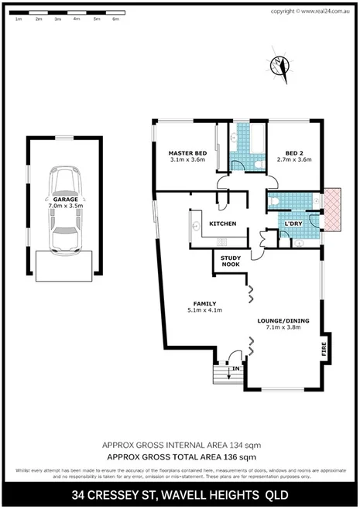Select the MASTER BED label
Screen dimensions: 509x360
tap(187, 153)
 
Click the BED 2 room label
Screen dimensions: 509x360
tap(292, 153)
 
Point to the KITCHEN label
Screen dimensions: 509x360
tap(223, 224)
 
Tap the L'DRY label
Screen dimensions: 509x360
tap(293, 224)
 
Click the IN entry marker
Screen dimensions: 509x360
tap(235, 369)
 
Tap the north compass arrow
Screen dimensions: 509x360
tap(279, 67)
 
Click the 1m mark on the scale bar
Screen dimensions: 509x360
tap(19, 19)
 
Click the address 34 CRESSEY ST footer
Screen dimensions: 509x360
tap(180, 494)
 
